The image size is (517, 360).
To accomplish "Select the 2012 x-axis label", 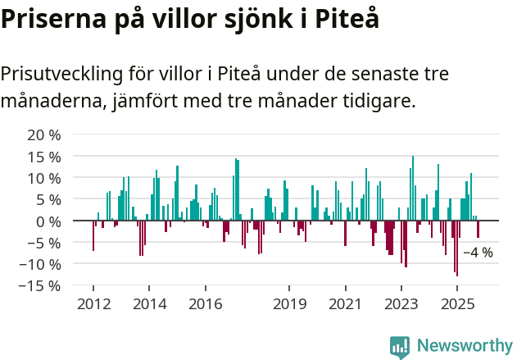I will (93, 304).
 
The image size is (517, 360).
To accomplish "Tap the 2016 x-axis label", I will (205, 304).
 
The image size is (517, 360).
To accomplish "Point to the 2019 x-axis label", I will (288, 304).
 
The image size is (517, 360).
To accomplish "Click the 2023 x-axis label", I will (401, 304).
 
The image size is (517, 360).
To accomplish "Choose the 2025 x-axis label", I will (456, 304).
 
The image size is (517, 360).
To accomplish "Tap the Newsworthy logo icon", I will (400, 347).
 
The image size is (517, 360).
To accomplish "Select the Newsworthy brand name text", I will (464, 346).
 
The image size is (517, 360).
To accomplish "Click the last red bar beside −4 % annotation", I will (478, 229).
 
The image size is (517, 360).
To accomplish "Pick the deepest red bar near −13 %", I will (456, 248).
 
